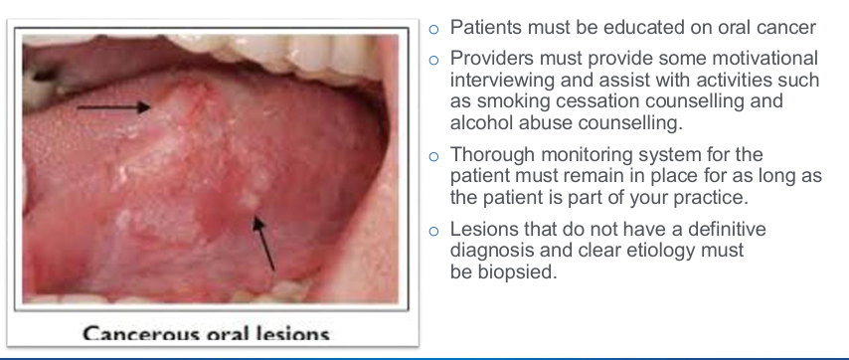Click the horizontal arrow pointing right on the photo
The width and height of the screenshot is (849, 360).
point(111,106)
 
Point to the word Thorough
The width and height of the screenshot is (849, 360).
point(489,154)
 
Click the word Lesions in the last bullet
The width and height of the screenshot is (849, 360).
point(483,230)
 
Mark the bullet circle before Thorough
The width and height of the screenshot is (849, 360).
point(433,155)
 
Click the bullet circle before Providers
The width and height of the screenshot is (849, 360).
point(433,60)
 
